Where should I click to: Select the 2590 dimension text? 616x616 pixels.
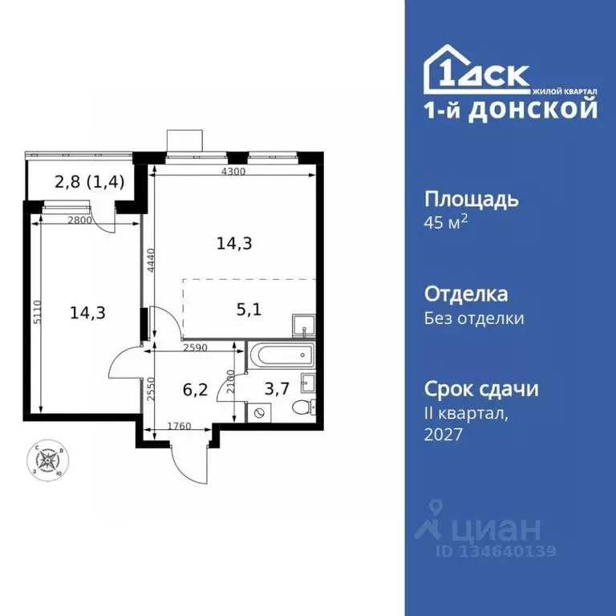coord(195,349)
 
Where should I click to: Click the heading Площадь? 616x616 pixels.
coord(471,199)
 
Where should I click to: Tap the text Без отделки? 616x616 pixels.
coord(474,318)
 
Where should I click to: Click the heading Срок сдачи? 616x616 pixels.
coord(480,390)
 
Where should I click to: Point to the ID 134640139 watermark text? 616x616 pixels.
coord(495,552)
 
